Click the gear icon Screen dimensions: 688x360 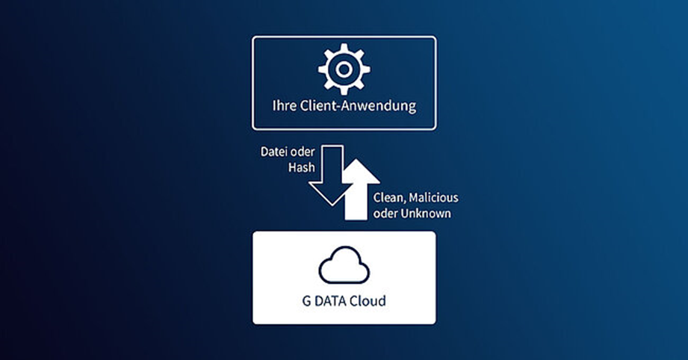344,69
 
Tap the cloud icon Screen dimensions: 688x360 344,265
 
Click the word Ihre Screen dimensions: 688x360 285,105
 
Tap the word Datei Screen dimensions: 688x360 274,152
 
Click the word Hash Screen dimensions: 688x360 302,167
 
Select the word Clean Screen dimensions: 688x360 389,198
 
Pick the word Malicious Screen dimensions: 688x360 433,198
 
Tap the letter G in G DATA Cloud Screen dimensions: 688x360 306,301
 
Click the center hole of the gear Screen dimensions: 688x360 344,69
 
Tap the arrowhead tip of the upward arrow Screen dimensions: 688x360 359,159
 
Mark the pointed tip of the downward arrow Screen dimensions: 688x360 332,205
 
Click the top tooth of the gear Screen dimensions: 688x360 344,47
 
